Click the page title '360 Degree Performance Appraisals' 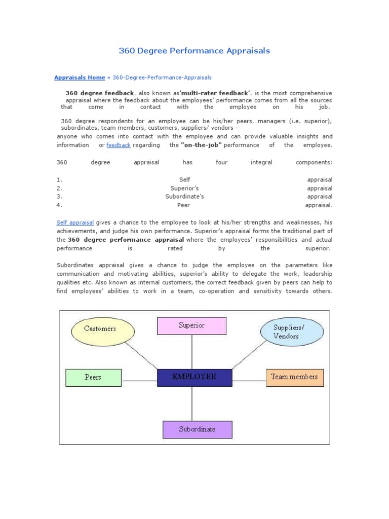(194, 51)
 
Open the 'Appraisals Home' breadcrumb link (80, 78)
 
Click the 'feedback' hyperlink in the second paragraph (118, 145)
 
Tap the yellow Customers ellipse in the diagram (100, 328)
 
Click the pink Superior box (191, 325)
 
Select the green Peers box (93, 377)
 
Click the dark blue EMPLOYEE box (194, 377)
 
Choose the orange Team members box (294, 377)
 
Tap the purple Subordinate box (197, 429)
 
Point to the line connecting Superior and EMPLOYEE (192, 352)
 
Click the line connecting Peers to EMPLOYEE (139, 381)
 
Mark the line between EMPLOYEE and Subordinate (192, 403)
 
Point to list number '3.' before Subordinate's (59, 197)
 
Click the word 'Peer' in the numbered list (184, 205)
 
